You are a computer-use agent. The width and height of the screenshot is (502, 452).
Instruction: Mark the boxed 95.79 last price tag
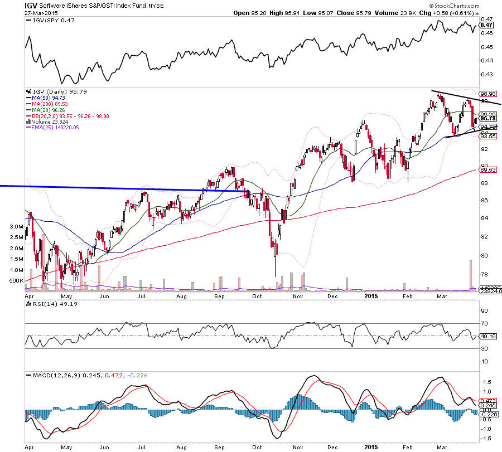point(488,118)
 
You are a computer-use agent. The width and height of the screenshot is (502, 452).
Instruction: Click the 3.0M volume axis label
point(16,227)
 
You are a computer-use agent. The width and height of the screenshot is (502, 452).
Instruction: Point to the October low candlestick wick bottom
point(275,276)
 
